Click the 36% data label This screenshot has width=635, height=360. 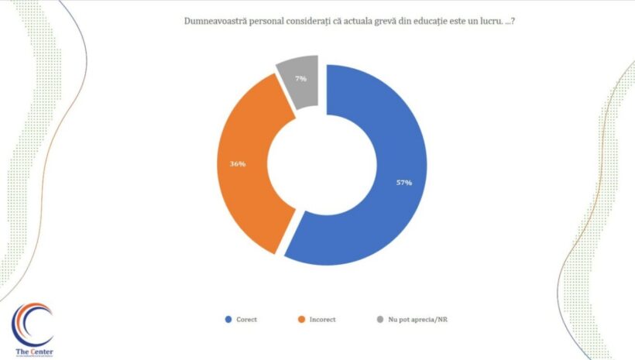[238, 164]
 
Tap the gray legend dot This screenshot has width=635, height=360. [379, 319]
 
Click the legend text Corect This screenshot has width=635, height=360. [248, 319]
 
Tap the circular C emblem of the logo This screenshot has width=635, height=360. [32, 324]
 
